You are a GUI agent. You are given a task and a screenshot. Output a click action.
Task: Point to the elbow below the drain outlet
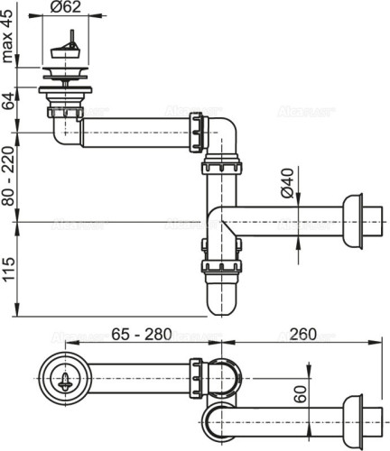click(x=66, y=133)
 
